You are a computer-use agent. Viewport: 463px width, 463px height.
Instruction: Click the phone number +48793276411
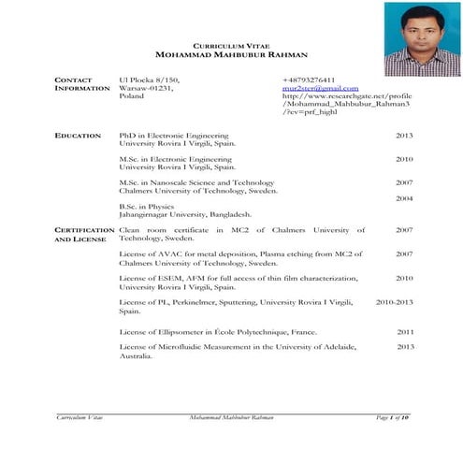[x=309, y=80]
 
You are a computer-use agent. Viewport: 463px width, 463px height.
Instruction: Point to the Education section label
[x=78, y=137]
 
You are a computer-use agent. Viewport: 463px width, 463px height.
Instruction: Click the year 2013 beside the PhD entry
[x=404, y=137]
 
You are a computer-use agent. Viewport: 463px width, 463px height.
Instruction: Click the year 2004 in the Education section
[x=404, y=199]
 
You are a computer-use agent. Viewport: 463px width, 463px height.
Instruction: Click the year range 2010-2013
[x=394, y=303]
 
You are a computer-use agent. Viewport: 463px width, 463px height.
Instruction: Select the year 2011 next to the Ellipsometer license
[x=405, y=332]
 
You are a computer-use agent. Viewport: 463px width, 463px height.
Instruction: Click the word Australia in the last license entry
[x=137, y=356]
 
